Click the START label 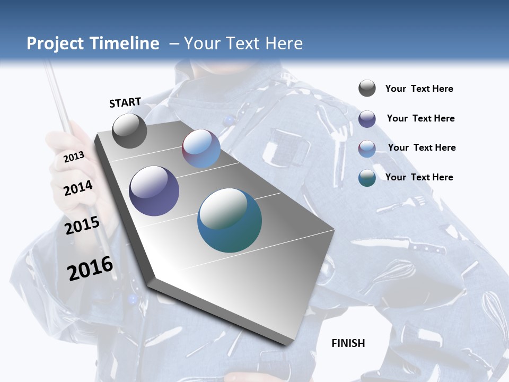(125, 102)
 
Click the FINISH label (348, 343)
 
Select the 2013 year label (74, 157)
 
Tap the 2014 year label (78, 188)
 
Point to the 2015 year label (82, 225)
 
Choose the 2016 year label (90, 268)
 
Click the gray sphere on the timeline (130, 131)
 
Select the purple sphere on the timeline (154, 191)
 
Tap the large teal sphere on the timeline (230, 220)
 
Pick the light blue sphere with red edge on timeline (201, 149)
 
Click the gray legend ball (367, 89)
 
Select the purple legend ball (367, 119)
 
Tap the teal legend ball (367, 178)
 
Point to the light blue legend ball (367, 149)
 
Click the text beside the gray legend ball (419, 89)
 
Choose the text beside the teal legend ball (419, 177)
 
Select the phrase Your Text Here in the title (243, 44)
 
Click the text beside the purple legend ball (420, 118)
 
